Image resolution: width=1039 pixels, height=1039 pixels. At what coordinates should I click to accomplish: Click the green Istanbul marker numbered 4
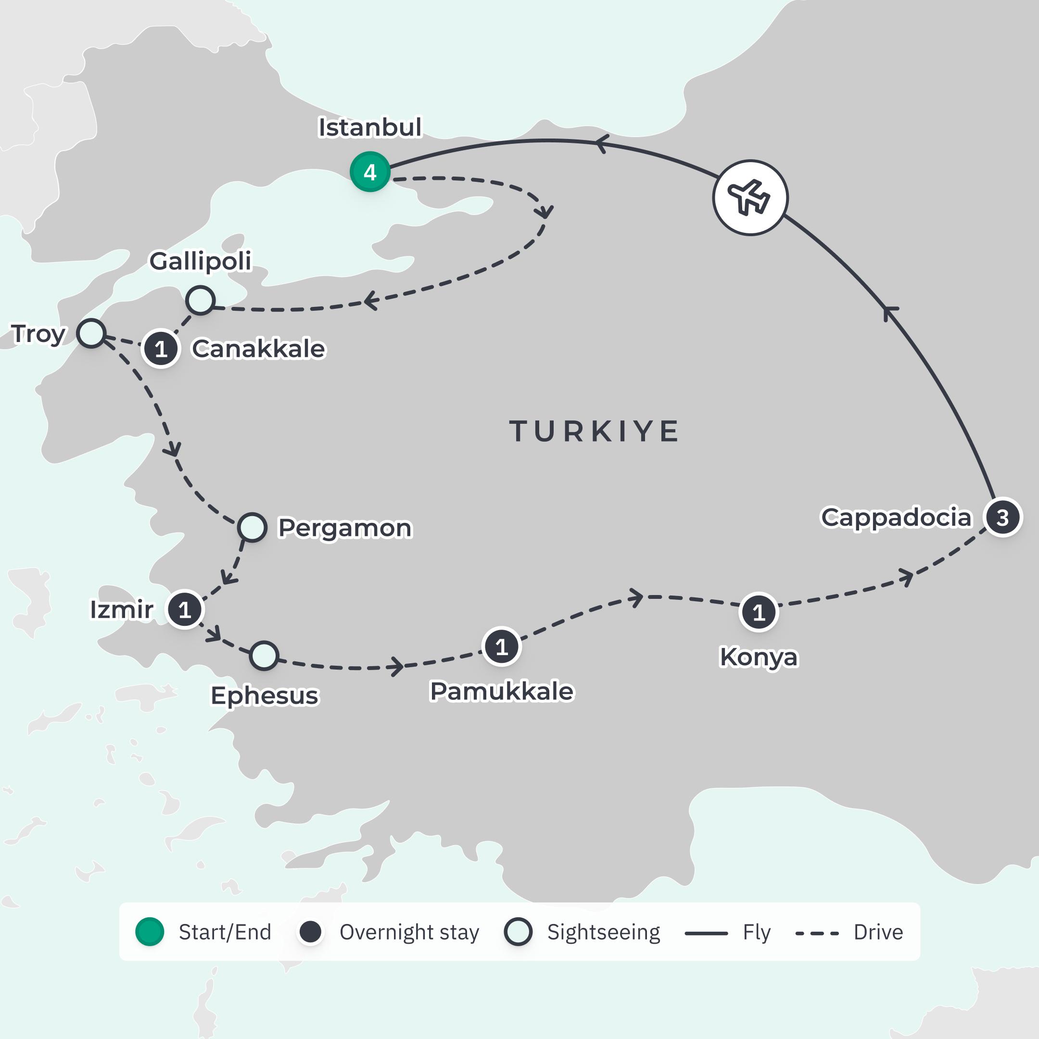[369, 172]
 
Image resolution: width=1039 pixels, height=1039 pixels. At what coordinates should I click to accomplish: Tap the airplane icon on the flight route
[750, 197]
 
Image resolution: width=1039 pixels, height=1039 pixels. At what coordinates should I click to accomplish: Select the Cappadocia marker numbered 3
[1002, 518]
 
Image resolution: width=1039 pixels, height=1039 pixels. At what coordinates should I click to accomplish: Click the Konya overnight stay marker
[758, 612]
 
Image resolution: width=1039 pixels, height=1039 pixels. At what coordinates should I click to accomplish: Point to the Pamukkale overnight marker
[501, 646]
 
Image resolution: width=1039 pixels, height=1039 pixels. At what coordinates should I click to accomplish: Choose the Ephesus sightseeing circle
[264, 656]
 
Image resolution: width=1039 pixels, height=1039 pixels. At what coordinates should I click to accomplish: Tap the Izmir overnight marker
[184, 610]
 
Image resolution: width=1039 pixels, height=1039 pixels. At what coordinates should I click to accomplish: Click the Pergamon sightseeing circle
[252, 527]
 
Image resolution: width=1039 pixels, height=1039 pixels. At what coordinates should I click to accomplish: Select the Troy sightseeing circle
[90, 333]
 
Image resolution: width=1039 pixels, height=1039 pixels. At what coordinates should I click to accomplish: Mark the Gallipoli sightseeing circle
[200, 300]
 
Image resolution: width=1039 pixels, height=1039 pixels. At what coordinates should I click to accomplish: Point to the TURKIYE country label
[594, 431]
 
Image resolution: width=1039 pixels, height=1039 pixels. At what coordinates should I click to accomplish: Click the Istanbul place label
[370, 127]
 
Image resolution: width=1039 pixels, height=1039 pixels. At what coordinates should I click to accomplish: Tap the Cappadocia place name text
[896, 518]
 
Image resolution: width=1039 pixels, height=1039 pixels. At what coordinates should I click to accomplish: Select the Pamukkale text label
[502, 692]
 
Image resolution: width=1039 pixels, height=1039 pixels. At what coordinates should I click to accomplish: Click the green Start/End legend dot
[150, 932]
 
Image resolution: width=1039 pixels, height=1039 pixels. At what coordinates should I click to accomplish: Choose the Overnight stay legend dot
[310, 932]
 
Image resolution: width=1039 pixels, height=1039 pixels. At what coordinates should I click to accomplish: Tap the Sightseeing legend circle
[518, 932]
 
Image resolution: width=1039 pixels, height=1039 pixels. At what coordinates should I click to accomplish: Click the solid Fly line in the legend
[706, 934]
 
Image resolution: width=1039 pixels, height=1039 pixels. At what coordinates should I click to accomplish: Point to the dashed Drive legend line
[817, 934]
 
